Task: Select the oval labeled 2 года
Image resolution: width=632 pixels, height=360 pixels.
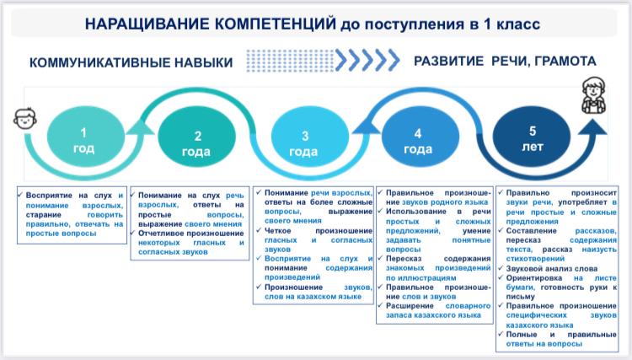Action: [196, 137]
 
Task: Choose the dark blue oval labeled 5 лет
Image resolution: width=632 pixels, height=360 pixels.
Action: [532, 136]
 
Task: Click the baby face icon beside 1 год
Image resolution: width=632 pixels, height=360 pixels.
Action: [25, 118]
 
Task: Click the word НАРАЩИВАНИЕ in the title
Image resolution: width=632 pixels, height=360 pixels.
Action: [148, 24]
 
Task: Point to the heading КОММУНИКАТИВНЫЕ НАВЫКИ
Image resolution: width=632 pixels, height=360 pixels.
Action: [131, 62]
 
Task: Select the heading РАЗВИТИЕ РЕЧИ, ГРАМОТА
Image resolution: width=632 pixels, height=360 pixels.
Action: [505, 62]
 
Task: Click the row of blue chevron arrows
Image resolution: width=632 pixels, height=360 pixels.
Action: [367, 60]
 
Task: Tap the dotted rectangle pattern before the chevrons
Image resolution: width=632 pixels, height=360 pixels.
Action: [290, 61]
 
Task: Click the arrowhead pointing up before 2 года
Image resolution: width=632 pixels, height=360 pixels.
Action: [140, 126]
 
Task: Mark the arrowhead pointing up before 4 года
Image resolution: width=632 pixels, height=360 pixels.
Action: [366, 126]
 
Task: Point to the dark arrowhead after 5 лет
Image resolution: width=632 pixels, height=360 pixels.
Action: [592, 126]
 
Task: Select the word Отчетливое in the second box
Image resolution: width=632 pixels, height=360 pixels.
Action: [159, 233]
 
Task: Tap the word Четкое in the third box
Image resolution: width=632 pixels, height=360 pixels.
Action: [277, 231]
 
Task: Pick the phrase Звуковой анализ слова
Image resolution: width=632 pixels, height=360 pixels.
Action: [552, 268]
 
